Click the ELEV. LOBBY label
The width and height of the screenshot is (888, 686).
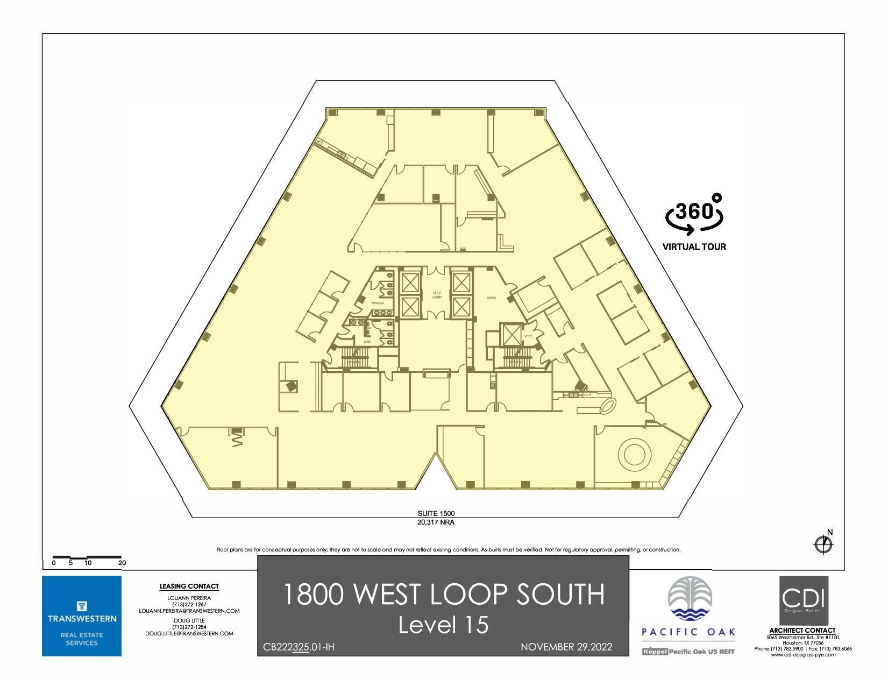[437, 295]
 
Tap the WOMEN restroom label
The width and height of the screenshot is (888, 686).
[378, 303]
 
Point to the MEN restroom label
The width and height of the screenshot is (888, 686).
[367, 342]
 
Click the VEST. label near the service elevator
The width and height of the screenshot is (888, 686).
[528, 336]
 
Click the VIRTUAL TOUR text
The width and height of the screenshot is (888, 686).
[694, 247]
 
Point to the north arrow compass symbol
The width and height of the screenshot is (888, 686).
[823, 544]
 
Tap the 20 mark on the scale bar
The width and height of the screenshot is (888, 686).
[122, 563]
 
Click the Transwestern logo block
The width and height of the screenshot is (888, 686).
[82, 616]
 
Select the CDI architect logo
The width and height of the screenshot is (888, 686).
[804, 600]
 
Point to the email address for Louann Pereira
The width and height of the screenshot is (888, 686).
[189, 611]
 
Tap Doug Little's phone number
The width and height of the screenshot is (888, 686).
[189, 627]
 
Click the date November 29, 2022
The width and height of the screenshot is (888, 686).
[566, 647]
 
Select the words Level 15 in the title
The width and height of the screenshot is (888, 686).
[443, 625]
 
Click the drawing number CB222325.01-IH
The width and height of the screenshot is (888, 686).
[299, 647]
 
